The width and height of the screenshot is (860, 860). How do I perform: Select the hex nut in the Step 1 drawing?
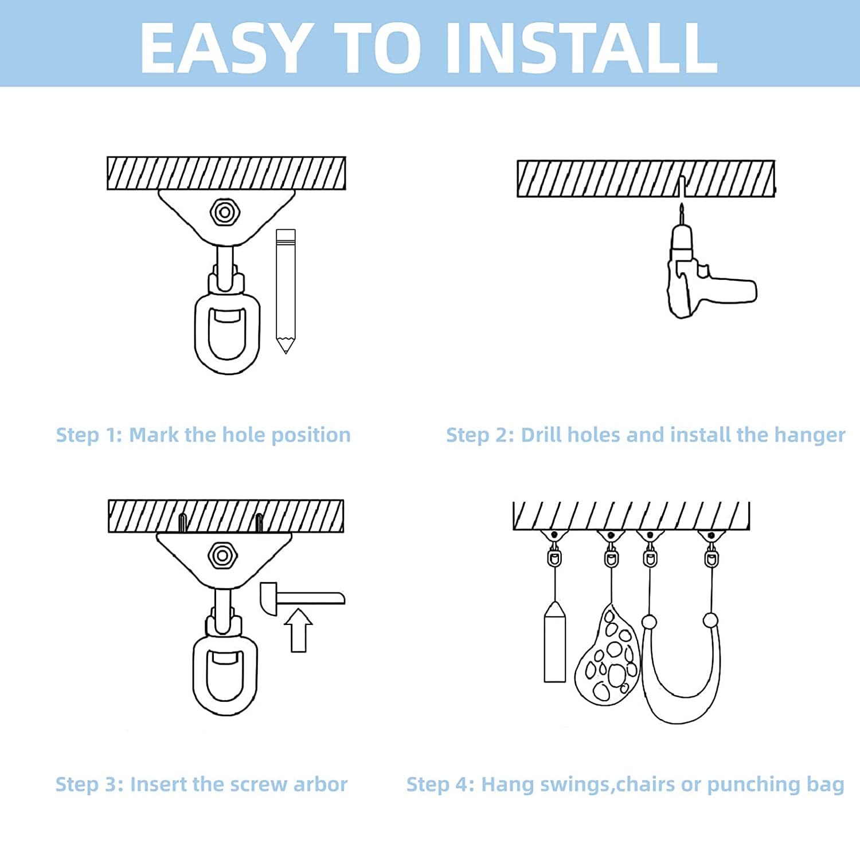224,213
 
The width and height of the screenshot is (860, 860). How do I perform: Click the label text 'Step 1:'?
89,435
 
